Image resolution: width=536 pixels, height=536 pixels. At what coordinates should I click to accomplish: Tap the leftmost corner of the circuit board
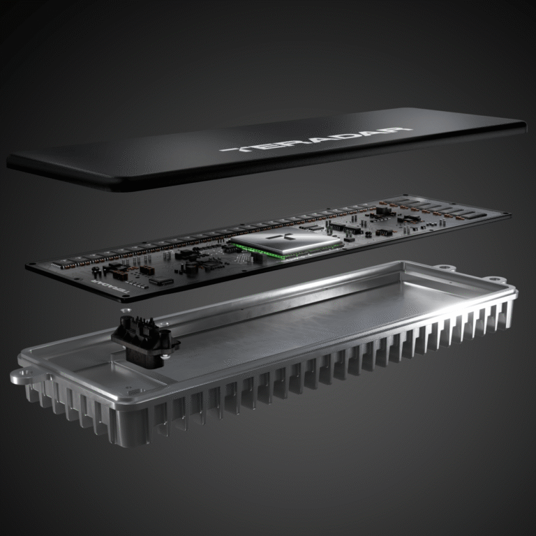[28, 266]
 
